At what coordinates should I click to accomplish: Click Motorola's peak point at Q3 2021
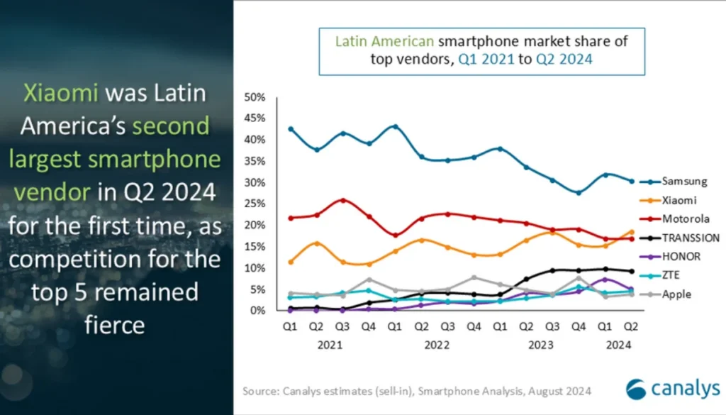[x=343, y=200]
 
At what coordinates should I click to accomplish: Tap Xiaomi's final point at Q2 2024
[x=631, y=232]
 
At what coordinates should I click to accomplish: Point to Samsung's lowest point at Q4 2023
[x=578, y=192]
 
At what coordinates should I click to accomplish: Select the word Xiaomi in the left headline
[x=60, y=93]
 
